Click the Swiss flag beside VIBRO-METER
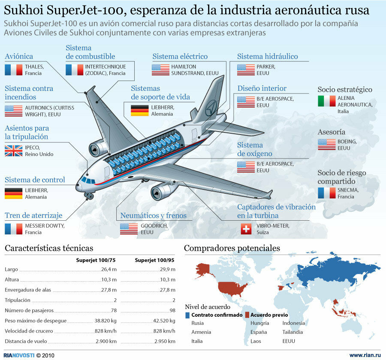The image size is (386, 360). (x=246, y=229)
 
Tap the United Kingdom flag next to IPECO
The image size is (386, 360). (x=13, y=150)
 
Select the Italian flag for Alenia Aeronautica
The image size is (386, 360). (x=326, y=101)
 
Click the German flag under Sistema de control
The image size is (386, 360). (x=13, y=193)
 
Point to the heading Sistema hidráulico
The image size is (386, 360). (x=267, y=57)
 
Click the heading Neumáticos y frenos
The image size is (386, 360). (x=153, y=216)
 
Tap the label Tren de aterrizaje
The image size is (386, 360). (x=33, y=216)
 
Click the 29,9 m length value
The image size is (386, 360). (x=167, y=270)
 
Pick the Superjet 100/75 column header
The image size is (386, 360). (x=96, y=260)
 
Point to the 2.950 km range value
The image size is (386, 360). (x=165, y=342)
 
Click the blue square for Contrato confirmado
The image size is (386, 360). (x=188, y=315)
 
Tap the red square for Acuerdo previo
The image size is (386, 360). (x=247, y=315)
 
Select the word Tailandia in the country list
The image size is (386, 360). (x=293, y=332)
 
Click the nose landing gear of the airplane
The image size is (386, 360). (x=89, y=197)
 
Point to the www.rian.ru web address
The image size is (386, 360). (x=365, y=355)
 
